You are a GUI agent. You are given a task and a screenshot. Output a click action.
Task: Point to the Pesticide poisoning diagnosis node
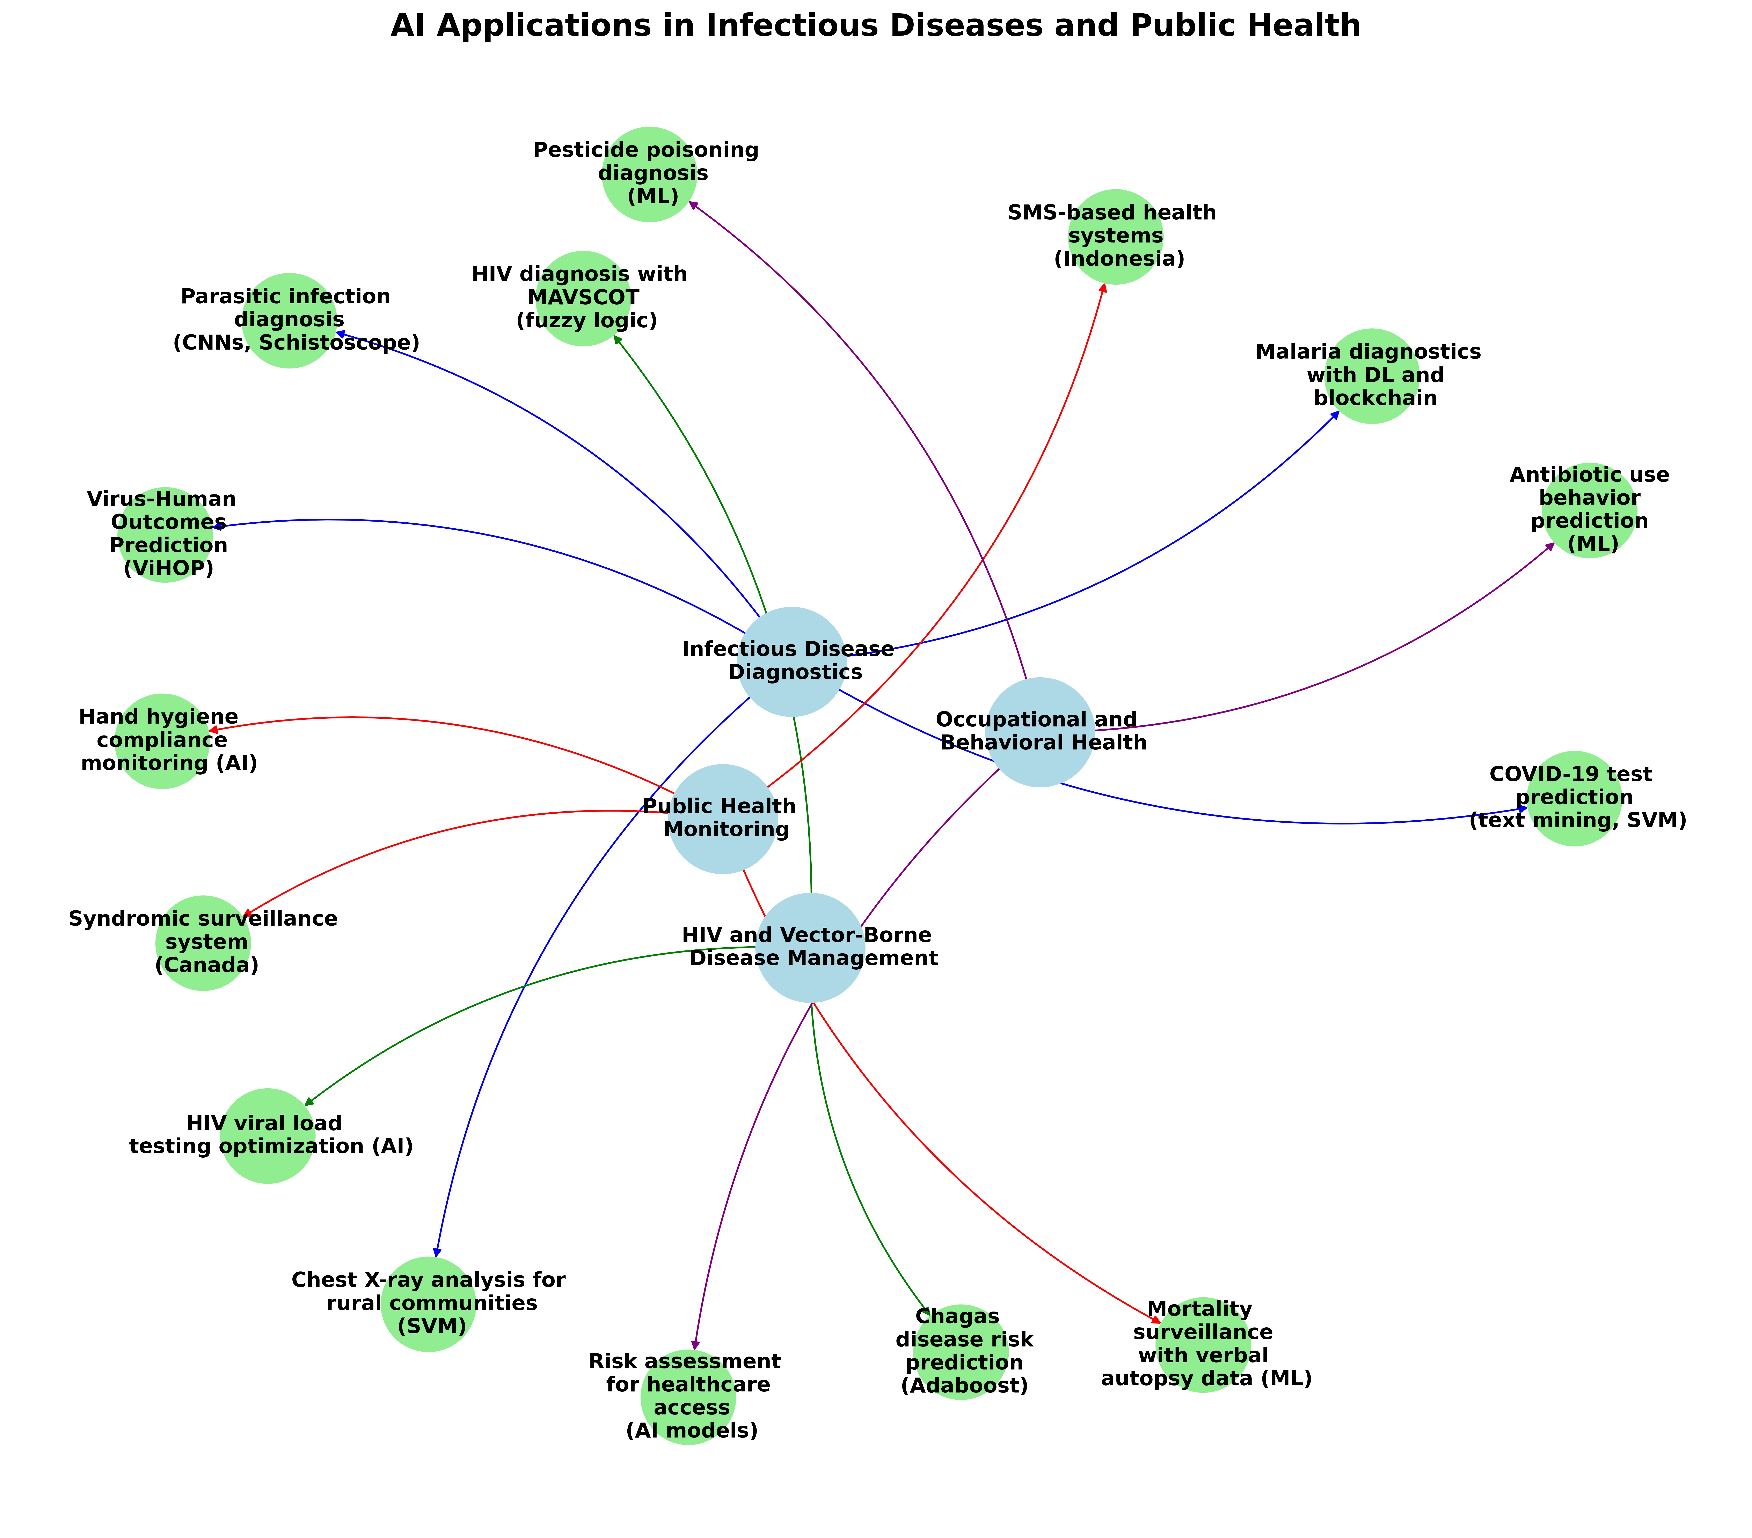649,174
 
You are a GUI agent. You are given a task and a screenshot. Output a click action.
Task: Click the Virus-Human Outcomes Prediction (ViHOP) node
165,535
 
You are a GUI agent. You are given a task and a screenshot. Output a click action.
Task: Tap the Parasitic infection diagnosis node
289,320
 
